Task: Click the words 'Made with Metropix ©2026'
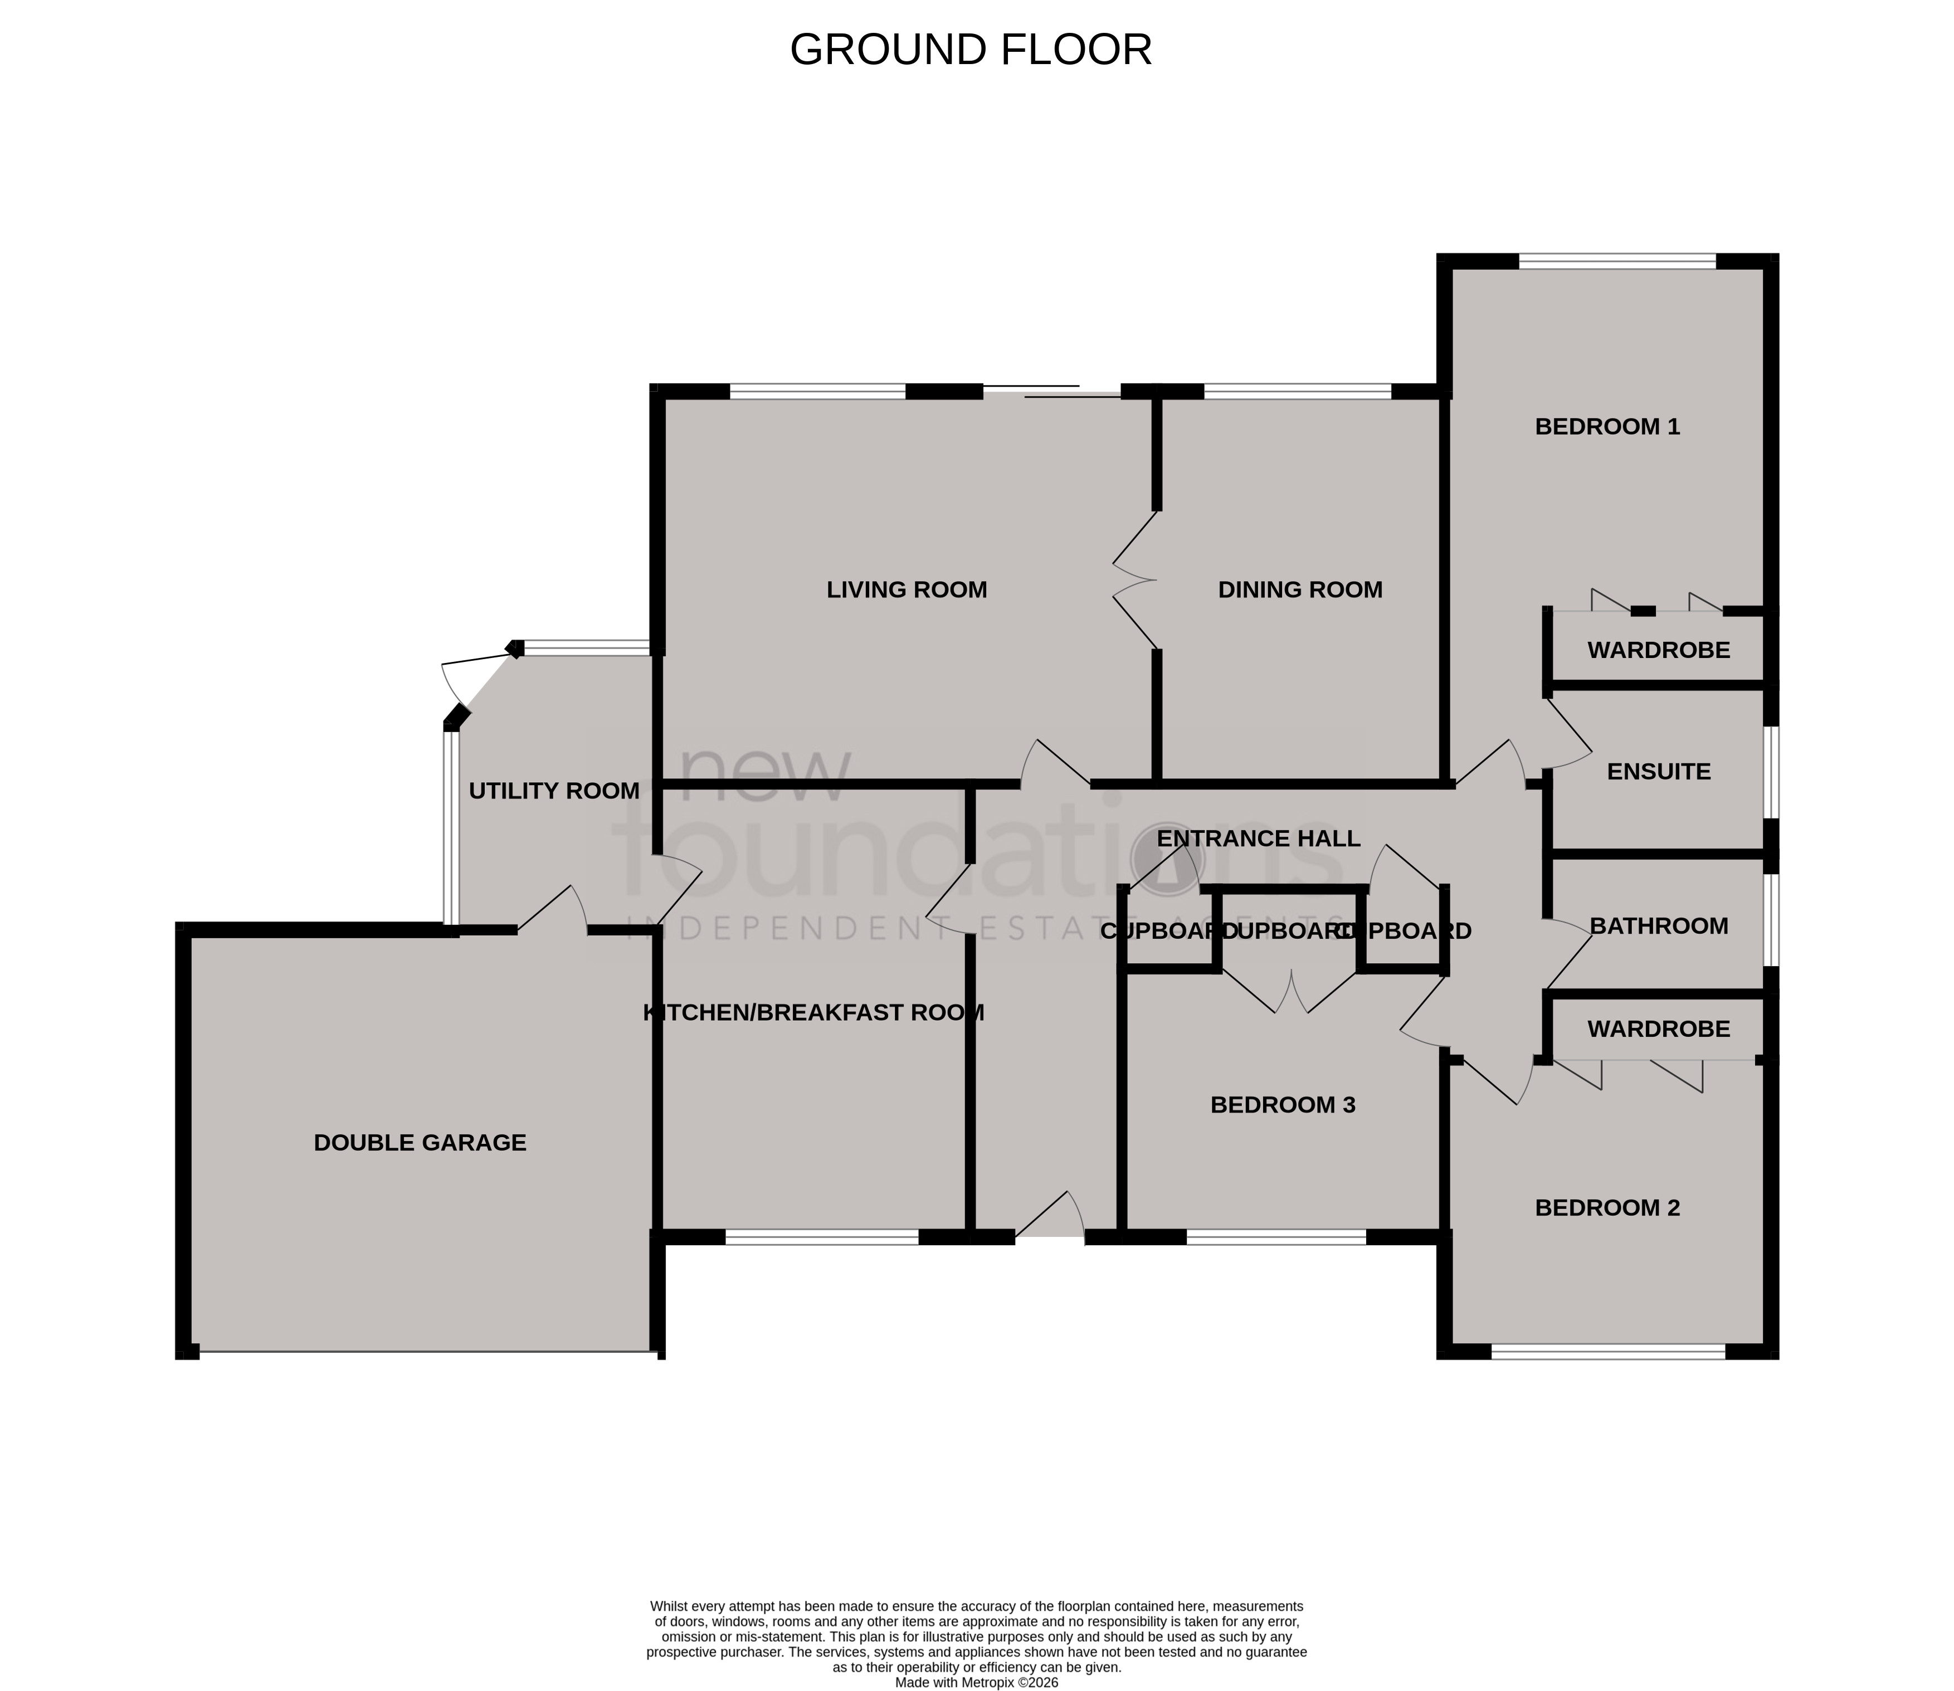point(977,1682)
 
